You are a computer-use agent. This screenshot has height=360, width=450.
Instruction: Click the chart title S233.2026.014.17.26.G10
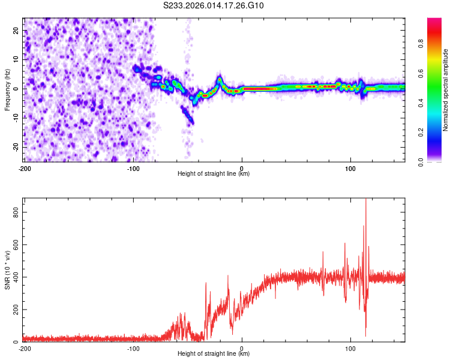(x=214, y=6)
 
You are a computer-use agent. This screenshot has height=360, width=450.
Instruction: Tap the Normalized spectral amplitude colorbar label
(x=446, y=90)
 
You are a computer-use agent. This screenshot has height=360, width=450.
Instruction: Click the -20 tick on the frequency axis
(x=16, y=146)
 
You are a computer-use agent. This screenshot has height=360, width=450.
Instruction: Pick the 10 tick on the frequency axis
(x=17, y=59)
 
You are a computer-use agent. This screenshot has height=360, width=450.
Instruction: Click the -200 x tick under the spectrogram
(x=25, y=167)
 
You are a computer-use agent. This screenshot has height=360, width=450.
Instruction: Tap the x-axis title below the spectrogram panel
(x=214, y=174)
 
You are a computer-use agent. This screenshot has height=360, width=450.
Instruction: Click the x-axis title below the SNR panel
(x=214, y=354)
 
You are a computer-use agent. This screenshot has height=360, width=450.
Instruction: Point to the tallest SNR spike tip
(x=366, y=199)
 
